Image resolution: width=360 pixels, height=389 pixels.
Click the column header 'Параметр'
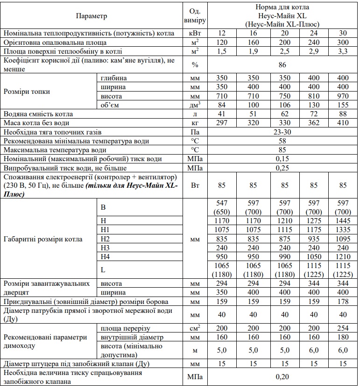pyautogui.click(x=92, y=15)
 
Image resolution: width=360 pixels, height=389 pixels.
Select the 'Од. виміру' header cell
pyautogui.click(x=194, y=15)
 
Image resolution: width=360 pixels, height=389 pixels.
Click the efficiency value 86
pyautogui.click(x=282, y=64)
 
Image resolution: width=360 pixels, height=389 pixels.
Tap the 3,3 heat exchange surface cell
pyautogui.click(x=343, y=51)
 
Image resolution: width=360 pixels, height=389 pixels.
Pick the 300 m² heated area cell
pyautogui.click(x=343, y=42)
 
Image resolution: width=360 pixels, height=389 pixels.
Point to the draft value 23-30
pyautogui.click(x=282, y=131)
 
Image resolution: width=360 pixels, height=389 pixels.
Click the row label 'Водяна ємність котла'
pyautogui.click(x=38, y=113)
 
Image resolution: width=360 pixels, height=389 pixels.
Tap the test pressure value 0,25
pyautogui.click(x=282, y=167)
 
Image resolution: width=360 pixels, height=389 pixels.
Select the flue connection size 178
pyautogui.click(x=343, y=301)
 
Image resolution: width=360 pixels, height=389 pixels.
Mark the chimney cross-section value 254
pyautogui.click(x=343, y=328)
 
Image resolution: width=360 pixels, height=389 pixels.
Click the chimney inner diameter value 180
pyautogui.click(x=343, y=337)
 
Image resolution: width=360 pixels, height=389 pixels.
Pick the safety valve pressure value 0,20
pyautogui.click(x=282, y=376)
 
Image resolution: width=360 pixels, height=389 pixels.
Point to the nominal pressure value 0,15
pyautogui.click(x=282, y=158)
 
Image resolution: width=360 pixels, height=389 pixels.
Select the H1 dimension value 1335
pyautogui.click(x=343, y=229)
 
